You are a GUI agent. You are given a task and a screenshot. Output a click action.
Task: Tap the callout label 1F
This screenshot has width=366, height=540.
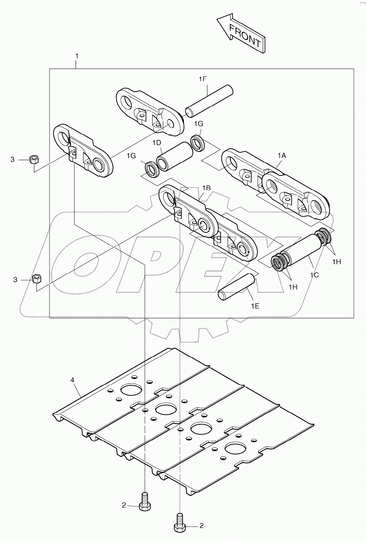click(202, 79)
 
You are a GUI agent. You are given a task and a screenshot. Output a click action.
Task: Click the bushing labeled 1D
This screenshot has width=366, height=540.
click(175, 156)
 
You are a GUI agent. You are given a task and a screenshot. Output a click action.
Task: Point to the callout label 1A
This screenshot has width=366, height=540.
click(282, 156)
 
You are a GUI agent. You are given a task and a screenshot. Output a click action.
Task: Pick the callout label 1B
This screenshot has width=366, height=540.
click(206, 188)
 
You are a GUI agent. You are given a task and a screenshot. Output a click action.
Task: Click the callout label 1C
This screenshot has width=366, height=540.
click(314, 274)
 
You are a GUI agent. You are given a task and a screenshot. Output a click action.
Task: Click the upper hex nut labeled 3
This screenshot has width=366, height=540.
click(34, 159)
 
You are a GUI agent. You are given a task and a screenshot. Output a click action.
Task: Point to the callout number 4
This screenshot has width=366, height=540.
click(73, 380)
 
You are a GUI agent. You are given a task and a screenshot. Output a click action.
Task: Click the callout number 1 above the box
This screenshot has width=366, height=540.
click(77, 56)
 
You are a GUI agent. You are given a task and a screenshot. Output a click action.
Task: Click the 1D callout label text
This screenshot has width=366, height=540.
click(157, 143)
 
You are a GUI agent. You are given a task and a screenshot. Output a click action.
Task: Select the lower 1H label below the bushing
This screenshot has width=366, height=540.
click(293, 287)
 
